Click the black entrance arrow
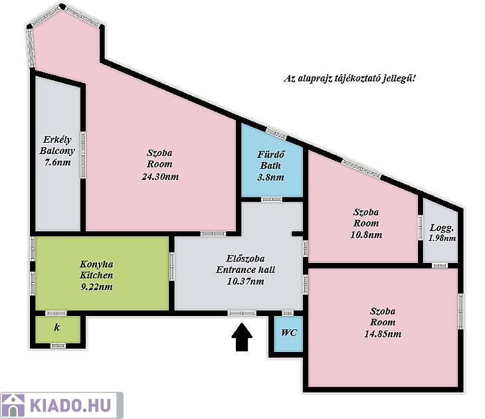click(242, 337)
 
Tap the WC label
click(289, 333)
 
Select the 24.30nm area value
click(160, 177)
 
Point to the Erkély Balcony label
click(57, 145)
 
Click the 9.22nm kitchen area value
click(96, 287)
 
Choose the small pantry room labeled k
click(58, 329)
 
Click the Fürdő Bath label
click(270, 159)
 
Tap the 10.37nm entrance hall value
click(246, 282)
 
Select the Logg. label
click(442, 228)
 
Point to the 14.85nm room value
click(383, 334)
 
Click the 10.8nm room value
click(366, 235)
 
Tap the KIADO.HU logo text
click(70, 406)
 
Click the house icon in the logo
click(13, 406)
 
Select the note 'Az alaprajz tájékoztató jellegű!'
click(349, 78)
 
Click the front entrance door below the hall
click(242, 313)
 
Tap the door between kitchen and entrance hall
click(172, 266)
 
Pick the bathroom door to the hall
click(271, 199)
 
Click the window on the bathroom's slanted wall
click(276, 133)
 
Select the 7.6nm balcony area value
click(57, 162)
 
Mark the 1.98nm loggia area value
click(442, 238)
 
